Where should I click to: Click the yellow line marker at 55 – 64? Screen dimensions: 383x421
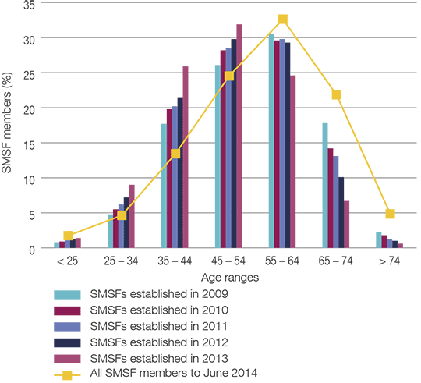[x=283, y=20]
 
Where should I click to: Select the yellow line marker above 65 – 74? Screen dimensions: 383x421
[x=337, y=95]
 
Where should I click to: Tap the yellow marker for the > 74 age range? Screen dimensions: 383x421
[x=390, y=214]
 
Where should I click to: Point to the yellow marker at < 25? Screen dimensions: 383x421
[x=68, y=236]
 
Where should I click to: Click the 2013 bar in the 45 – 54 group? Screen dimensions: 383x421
[x=239, y=137]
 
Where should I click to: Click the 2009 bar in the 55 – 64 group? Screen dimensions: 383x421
[x=271, y=141]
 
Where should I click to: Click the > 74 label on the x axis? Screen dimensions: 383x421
[x=390, y=262]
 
